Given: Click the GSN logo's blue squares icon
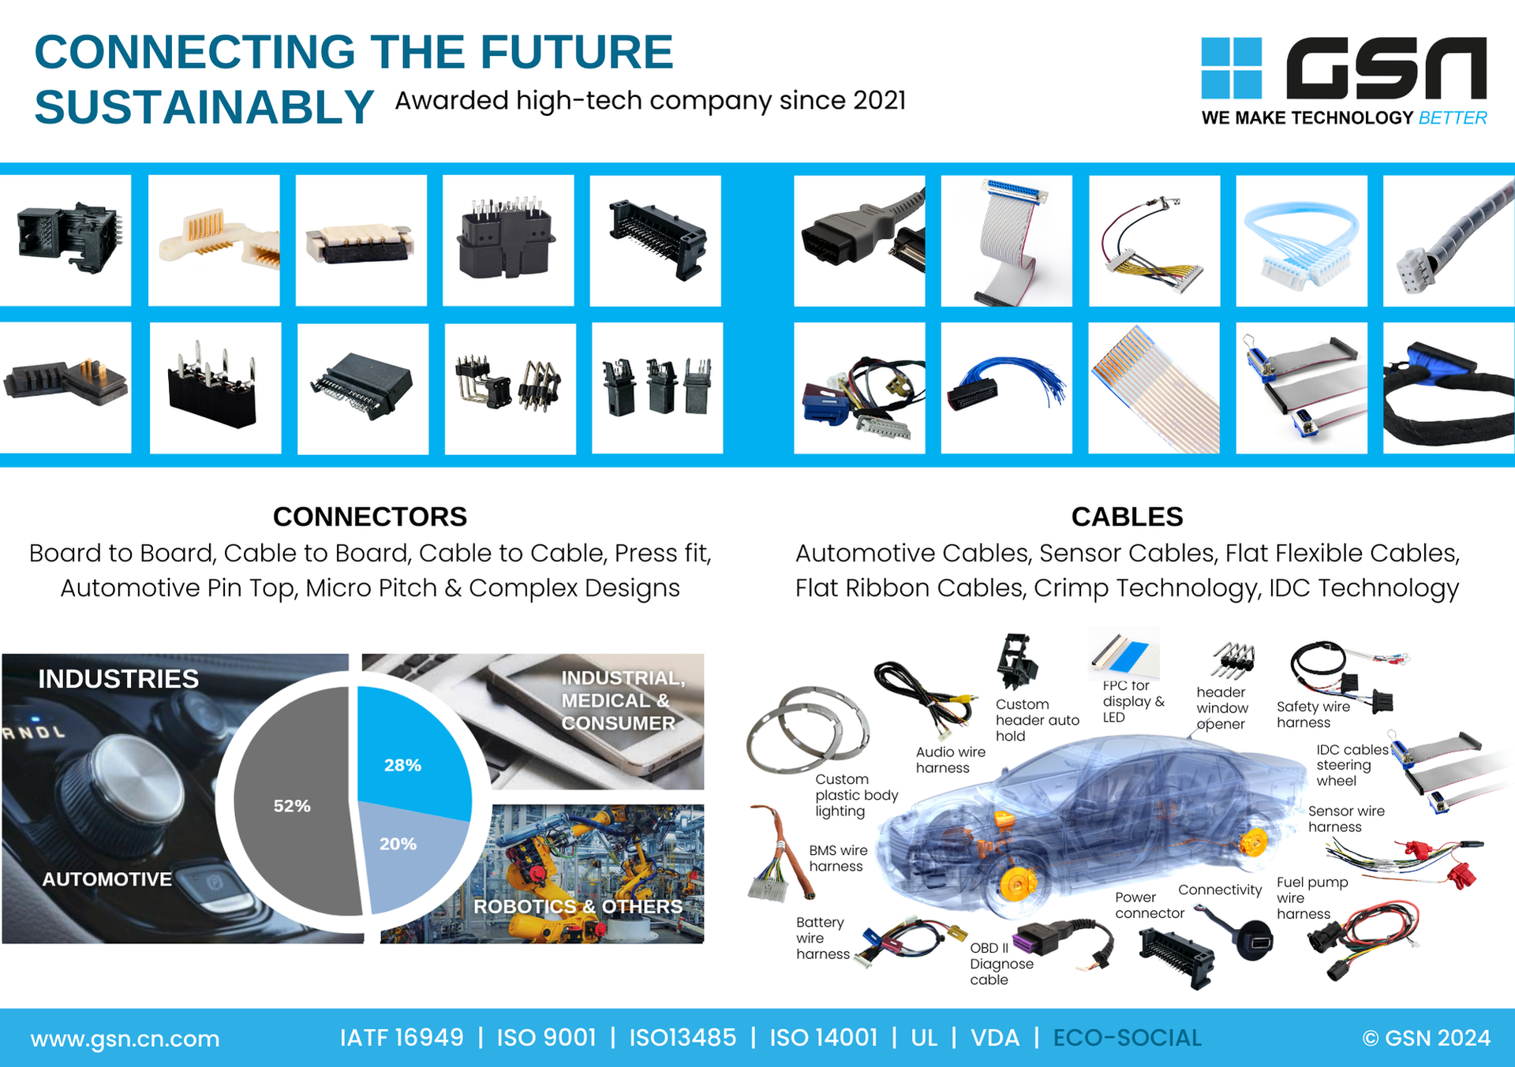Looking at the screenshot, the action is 1231,68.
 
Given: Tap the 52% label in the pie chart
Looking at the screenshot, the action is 292,806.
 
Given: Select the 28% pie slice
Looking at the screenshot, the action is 410,749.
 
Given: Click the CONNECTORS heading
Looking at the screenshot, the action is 370,517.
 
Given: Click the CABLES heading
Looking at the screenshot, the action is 1127,517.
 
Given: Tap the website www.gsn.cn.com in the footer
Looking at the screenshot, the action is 125,1039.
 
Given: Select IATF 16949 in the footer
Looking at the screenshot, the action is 402,1038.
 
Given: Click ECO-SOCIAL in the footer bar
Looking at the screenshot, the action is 1128,1038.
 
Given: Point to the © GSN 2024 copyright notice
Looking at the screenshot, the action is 1427,1038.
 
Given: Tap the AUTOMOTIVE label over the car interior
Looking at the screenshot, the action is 107,879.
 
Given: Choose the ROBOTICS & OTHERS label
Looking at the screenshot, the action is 578,907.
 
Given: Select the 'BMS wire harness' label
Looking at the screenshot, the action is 838,858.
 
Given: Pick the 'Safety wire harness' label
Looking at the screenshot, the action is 1313,714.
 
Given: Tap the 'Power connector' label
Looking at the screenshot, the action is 1150,905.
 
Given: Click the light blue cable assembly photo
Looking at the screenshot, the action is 1301,241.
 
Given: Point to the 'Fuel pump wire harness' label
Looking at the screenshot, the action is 1312,897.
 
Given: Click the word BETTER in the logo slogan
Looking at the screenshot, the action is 1453,118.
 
